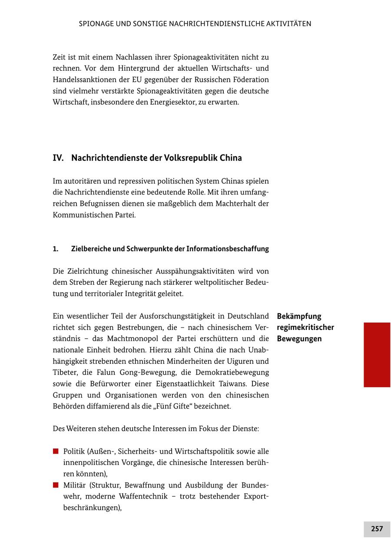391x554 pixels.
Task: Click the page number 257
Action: click(x=377, y=529)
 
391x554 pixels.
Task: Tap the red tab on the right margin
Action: click(x=377, y=354)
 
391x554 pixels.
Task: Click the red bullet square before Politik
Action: click(x=56, y=451)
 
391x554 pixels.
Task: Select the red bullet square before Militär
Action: click(x=56, y=485)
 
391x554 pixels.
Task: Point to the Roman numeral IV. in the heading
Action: click(x=58, y=158)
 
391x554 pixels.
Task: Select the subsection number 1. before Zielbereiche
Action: click(x=56, y=249)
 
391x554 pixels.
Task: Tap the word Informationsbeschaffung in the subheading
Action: click(x=228, y=249)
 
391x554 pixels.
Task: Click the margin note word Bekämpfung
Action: click(x=299, y=316)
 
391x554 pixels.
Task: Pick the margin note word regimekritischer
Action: click(x=305, y=327)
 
